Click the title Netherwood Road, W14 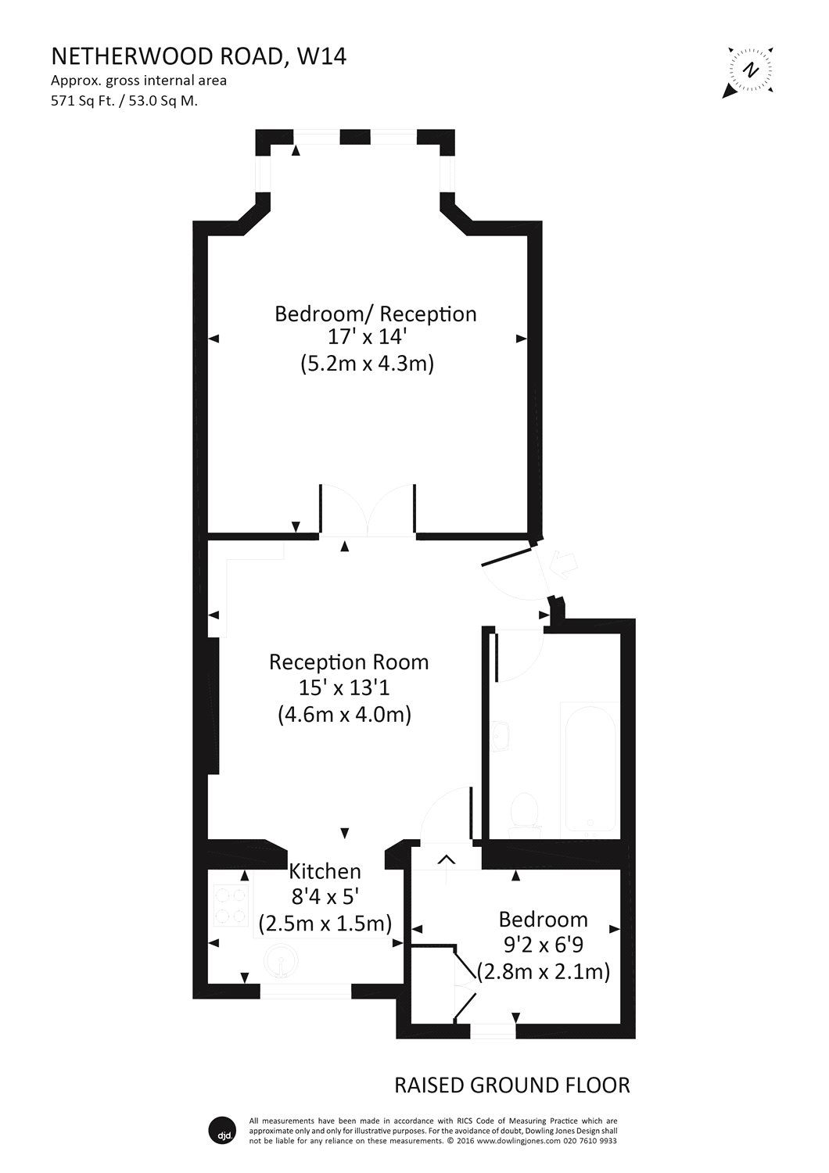[x=199, y=57]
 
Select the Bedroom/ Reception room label [x=375, y=314]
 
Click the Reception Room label [x=349, y=662]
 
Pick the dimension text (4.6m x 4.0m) [x=345, y=714]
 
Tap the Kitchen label [x=325, y=871]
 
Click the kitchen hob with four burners [x=230, y=904]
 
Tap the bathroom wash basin [x=504, y=735]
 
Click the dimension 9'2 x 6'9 [x=544, y=945]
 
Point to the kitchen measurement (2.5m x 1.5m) [x=325, y=923]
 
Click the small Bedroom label [x=544, y=919]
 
